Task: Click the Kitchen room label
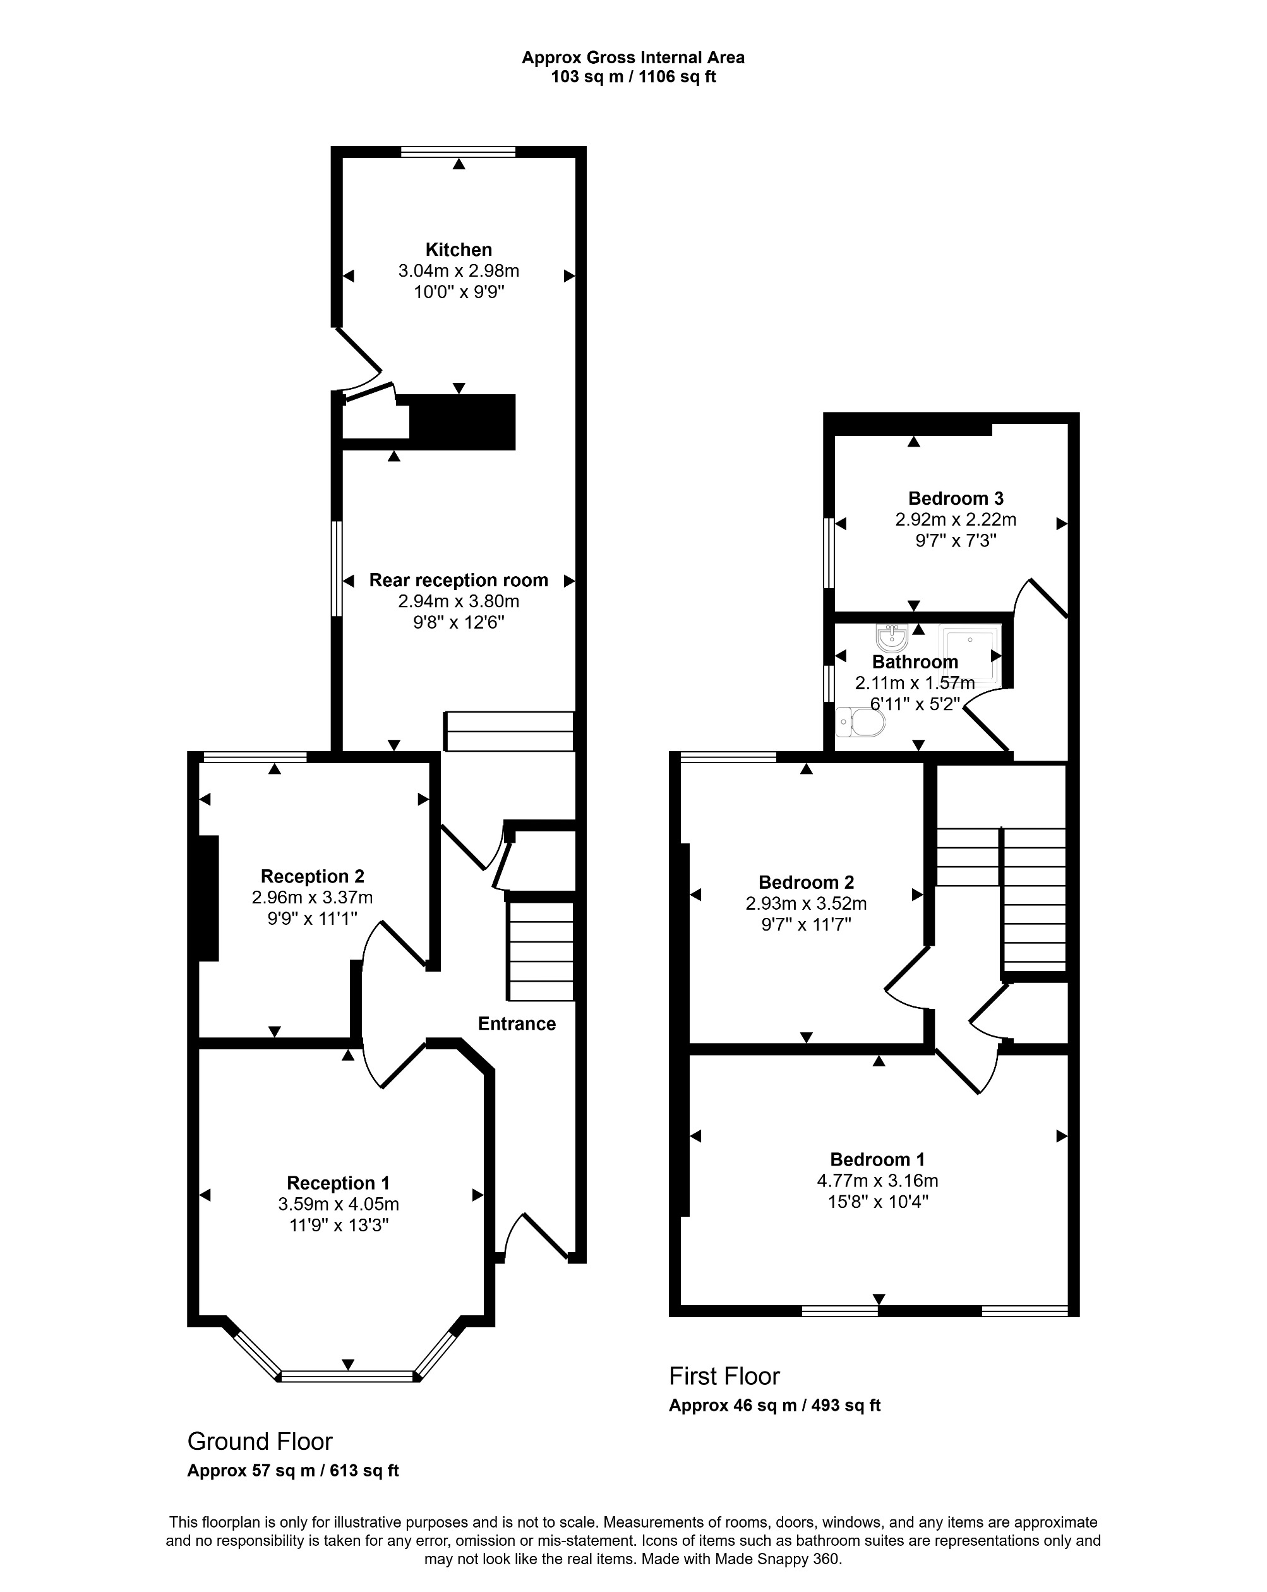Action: coord(458,250)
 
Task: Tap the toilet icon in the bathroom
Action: coord(860,721)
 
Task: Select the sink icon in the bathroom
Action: coord(891,637)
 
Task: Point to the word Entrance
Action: coord(516,1023)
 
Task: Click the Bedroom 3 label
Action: coord(956,498)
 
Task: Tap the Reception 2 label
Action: coord(311,876)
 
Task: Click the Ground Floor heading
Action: coord(260,1442)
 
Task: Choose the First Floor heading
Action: coord(724,1377)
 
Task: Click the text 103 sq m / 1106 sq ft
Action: coord(633,77)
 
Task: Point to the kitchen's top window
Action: coord(458,152)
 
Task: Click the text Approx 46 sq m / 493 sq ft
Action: coord(774,1405)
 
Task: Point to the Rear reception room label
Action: coord(458,581)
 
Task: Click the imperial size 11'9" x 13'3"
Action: coord(338,1226)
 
